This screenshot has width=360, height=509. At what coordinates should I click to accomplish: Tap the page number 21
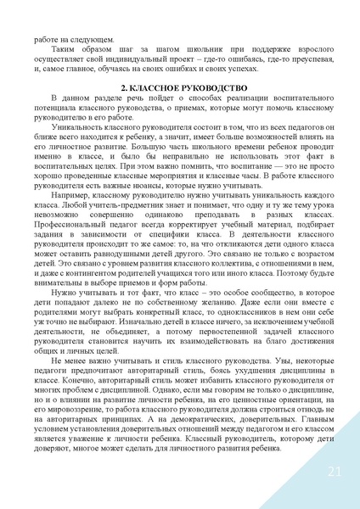pos(333,472)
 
